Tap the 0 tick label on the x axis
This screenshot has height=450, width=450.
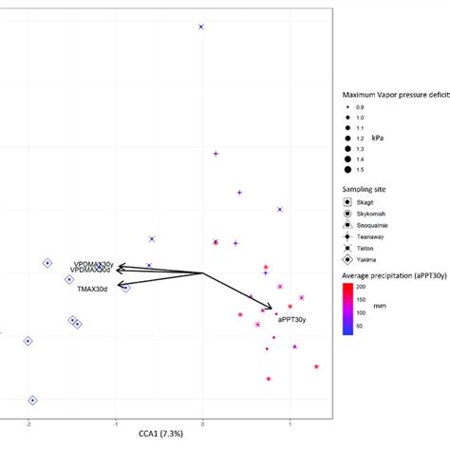[202, 422]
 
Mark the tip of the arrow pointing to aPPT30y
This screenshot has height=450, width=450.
[274, 309]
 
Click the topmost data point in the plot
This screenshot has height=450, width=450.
[201, 27]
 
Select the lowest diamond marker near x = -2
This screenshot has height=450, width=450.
[32, 401]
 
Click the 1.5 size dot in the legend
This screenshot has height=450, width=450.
[348, 171]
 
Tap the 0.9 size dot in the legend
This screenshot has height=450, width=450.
[348, 106]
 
